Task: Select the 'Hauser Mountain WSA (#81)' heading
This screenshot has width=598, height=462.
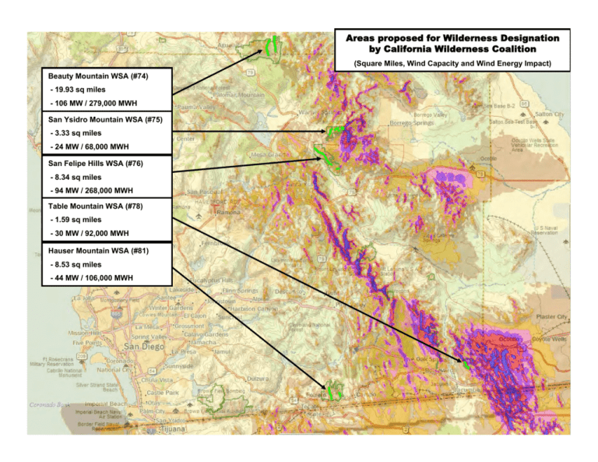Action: (x=99, y=251)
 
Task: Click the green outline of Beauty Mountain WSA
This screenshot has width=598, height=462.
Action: (x=273, y=48)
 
